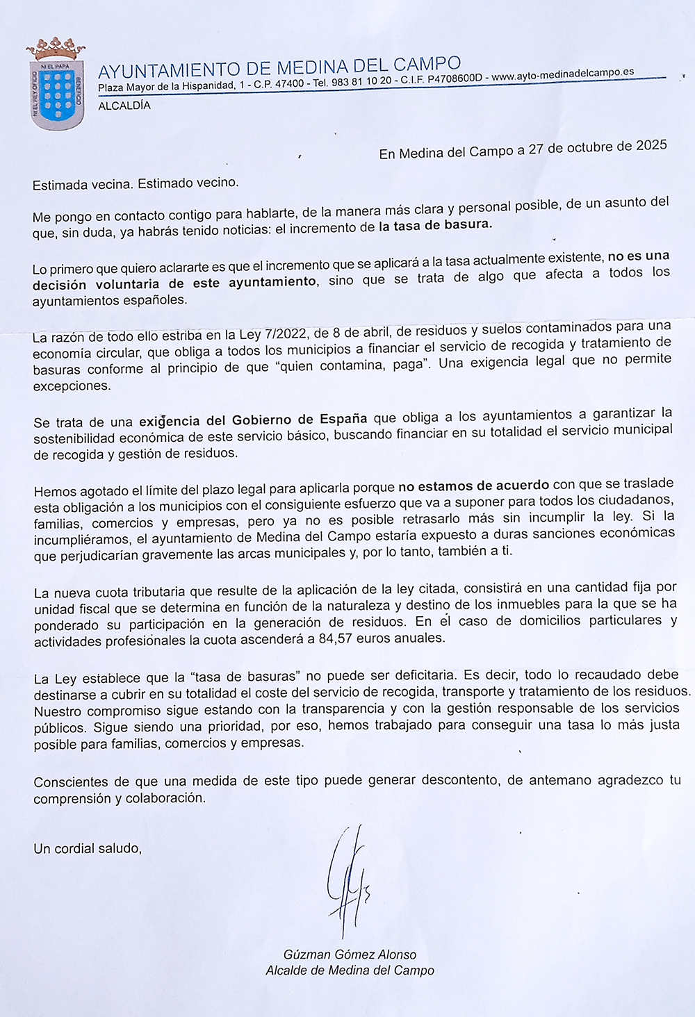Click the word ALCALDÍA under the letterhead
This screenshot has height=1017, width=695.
[x=124, y=106]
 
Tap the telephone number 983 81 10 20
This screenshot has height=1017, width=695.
[x=361, y=81]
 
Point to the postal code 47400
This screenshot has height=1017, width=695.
[x=289, y=84]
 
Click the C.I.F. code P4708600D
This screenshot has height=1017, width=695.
[x=455, y=78]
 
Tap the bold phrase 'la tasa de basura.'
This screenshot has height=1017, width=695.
[x=435, y=225]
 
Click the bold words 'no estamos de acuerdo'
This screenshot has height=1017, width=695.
[x=473, y=485]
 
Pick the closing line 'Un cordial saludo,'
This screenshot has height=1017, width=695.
[x=88, y=848]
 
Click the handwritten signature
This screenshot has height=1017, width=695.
[x=348, y=879]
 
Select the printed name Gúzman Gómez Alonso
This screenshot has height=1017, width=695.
[x=350, y=954]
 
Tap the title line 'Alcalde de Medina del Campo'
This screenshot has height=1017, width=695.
[x=350, y=970]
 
